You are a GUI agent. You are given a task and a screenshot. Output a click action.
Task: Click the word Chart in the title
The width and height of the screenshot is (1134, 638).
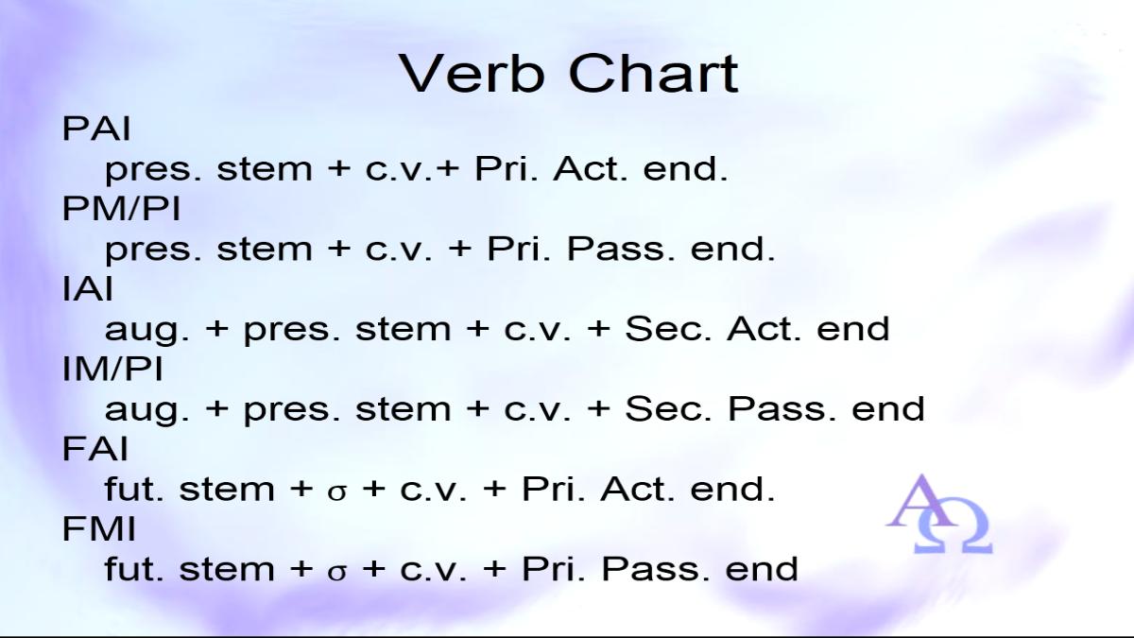653,73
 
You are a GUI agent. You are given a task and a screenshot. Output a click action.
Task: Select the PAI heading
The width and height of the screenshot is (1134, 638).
96,129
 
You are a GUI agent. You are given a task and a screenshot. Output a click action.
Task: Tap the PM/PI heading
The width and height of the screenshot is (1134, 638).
121,209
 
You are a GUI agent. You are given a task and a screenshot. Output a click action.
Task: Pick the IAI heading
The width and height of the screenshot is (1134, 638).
87,289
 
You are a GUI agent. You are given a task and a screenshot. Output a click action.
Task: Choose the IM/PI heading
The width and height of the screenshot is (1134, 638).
112,370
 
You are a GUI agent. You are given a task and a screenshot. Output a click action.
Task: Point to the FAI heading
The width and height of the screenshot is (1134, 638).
94,449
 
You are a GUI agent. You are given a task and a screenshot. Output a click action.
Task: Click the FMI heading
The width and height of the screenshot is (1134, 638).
98,529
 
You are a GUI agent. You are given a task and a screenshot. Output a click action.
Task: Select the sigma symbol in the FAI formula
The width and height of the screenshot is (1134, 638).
337,492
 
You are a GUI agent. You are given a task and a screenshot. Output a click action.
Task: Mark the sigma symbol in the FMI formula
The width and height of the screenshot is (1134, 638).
337,572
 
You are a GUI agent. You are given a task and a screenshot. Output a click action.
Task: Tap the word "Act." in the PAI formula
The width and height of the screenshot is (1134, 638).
591,169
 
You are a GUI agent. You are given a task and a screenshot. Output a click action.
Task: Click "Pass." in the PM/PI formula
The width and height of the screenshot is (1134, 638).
621,250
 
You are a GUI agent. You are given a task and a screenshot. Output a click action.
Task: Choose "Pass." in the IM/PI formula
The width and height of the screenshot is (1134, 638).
782,409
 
